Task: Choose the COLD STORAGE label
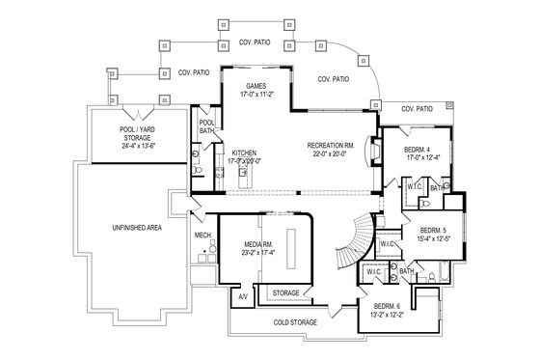[x=296, y=322]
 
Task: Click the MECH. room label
[x=202, y=234]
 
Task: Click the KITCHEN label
[x=245, y=152]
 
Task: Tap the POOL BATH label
[x=206, y=126]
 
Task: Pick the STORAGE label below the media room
[x=285, y=291]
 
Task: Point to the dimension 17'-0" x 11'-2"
[x=257, y=95]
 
